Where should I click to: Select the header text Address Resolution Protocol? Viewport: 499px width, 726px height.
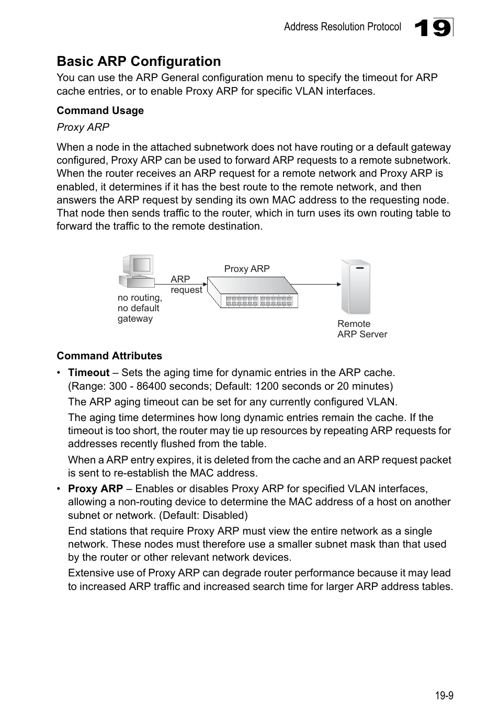pyautogui.click(x=342, y=27)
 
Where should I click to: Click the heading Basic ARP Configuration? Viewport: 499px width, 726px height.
pyautogui.click(x=139, y=61)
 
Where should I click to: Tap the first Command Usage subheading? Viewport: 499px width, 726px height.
pyautogui.click(x=100, y=110)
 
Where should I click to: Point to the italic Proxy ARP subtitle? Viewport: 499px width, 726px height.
pyautogui.click(x=83, y=127)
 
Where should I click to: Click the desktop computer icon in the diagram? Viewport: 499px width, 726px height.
pyautogui.click(x=137, y=271)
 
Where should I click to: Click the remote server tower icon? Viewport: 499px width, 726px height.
pyautogui.click(x=356, y=287)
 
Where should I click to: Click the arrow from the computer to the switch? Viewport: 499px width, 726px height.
pyautogui.click(x=180, y=284)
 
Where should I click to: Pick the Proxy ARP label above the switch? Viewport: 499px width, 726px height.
pyautogui.click(x=247, y=269)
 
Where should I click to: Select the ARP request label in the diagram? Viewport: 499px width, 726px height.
pyautogui.click(x=186, y=285)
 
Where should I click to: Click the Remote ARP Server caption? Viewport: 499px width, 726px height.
pyautogui.click(x=362, y=329)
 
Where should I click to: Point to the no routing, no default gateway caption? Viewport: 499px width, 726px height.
pyautogui.click(x=139, y=308)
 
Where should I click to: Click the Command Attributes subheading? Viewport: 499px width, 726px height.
pyautogui.click(x=109, y=356)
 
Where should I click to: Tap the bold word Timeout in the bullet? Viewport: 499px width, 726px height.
pyautogui.click(x=88, y=372)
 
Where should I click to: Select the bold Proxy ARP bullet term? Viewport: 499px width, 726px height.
pyautogui.click(x=95, y=489)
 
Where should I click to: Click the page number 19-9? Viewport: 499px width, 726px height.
pyautogui.click(x=444, y=695)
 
